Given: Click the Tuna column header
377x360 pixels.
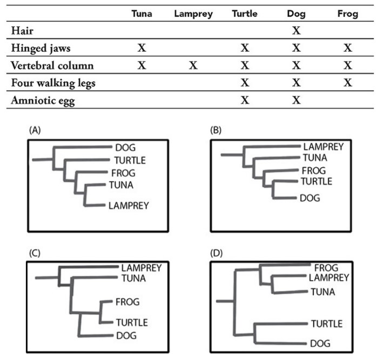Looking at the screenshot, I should coord(142,14).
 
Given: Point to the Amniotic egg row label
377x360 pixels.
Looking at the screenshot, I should coord(43,100).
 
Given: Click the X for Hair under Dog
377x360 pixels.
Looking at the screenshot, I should coord(296,30).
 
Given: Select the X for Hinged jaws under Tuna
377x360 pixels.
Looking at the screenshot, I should coord(142,48).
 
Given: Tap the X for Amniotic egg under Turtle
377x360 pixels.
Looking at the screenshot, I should coord(245,100).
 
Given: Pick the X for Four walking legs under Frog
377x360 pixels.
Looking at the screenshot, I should coord(347,83).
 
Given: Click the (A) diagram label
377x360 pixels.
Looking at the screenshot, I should coord(35,130).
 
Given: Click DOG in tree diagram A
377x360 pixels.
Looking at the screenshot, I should coord(125,147).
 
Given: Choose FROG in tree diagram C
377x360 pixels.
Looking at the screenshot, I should coord(127,302).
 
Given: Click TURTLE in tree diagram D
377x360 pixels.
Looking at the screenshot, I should coord(326,323).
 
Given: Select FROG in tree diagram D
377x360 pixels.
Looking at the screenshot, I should coord(326,268).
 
